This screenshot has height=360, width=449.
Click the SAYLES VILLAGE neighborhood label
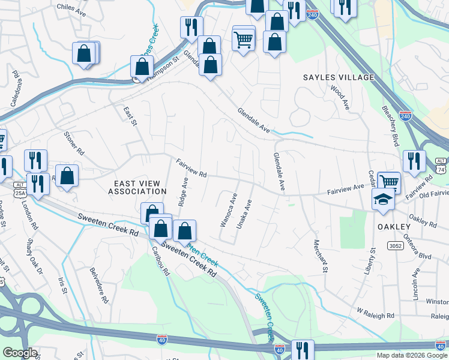tap(339, 77)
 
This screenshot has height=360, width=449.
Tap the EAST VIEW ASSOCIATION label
tap(137, 186)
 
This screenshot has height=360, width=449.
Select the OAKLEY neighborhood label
tap(394, 226)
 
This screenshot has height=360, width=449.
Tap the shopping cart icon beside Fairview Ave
tap(389, 181)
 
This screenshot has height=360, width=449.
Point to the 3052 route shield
tap(394, 245)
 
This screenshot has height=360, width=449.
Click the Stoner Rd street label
tap(74, 143)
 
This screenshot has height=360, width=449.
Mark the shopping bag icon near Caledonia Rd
tap(84, 53)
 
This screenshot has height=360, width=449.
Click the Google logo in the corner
tap(19, 353)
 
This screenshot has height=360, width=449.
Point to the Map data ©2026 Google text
tap(412, 355)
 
